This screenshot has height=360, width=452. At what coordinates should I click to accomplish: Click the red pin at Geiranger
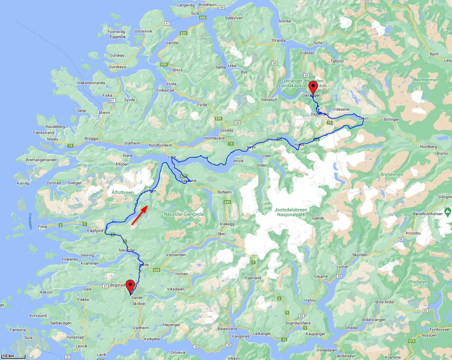click(313, 87)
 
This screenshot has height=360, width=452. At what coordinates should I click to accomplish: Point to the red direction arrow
click(139, 215)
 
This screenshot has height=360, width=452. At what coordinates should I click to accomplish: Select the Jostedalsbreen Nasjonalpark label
click(291, 212)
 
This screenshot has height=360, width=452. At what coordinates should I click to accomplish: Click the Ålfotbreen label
click(123, 192)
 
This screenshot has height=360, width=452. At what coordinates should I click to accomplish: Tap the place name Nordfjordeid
click(160, 145)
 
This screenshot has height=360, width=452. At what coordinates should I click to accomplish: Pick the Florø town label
click(43, 227)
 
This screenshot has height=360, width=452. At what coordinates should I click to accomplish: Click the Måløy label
click(53, 139)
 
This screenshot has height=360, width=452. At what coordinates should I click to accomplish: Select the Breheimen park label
click(392, 174)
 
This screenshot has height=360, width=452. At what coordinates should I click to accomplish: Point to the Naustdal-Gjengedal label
click(184, 214)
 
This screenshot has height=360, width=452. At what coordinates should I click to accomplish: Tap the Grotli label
click(363, 118)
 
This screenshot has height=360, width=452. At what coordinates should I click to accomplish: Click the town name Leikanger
click(262, 334)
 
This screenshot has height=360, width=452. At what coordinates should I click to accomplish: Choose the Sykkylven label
click(234, 18)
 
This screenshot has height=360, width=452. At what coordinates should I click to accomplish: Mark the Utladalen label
click(417, 282)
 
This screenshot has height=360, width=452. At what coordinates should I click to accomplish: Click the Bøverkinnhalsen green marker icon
click(448, 213)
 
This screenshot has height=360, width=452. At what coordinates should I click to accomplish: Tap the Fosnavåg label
click(116, 32)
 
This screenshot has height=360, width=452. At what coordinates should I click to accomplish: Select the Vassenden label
click(176, 255)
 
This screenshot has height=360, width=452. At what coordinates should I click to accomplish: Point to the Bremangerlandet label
click(41, 160)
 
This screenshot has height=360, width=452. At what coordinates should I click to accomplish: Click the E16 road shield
click(412, 341)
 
